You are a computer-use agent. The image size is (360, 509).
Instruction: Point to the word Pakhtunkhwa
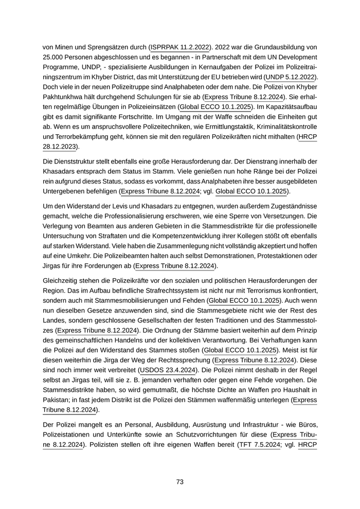point(63,97)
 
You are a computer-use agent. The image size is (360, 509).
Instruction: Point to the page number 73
point(180,482)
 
